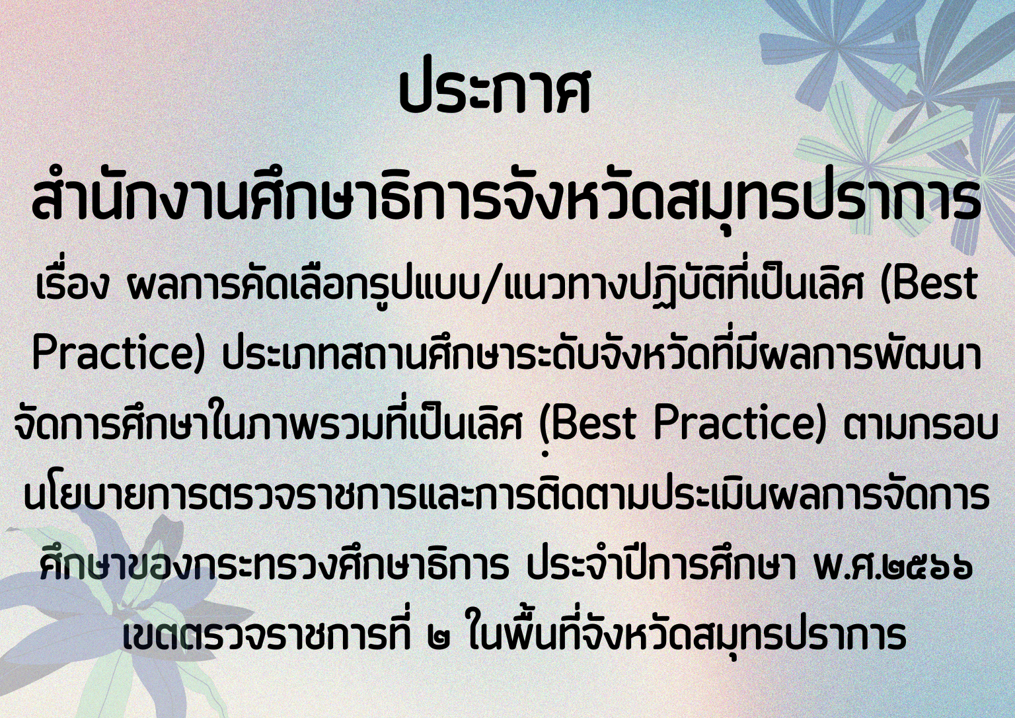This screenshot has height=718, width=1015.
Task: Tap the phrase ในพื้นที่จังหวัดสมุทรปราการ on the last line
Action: (687, 633)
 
